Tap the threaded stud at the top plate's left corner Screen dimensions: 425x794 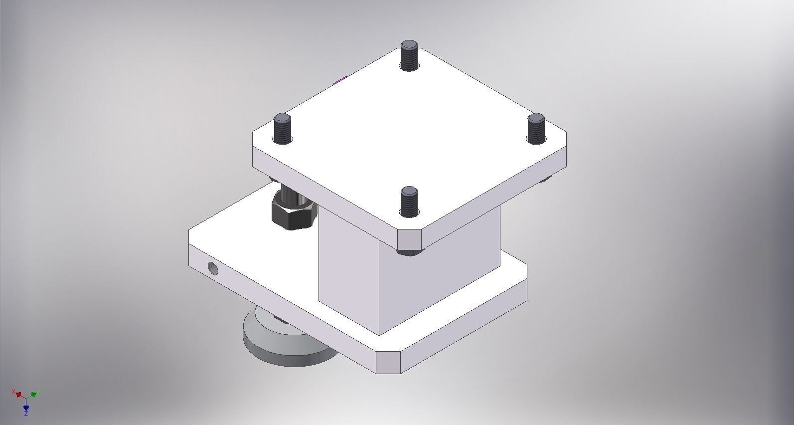click(x=282, y=129)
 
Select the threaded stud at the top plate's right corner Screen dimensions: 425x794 click(x=536, y=129)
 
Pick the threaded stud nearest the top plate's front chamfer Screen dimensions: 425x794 click(x=409, y=202)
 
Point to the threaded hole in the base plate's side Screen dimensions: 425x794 click(x=213, y=268)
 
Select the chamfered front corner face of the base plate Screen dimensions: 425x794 click(x=388, y=362)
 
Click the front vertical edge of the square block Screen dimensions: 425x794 click(x=379, y=289)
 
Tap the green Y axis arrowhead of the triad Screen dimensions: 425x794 click(x=33, y=394)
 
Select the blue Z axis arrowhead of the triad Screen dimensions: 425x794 click(x=26, y=408)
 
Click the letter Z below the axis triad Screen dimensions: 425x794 click(x=26, y=414)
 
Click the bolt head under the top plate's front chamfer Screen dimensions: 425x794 click(x=409, y=252)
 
